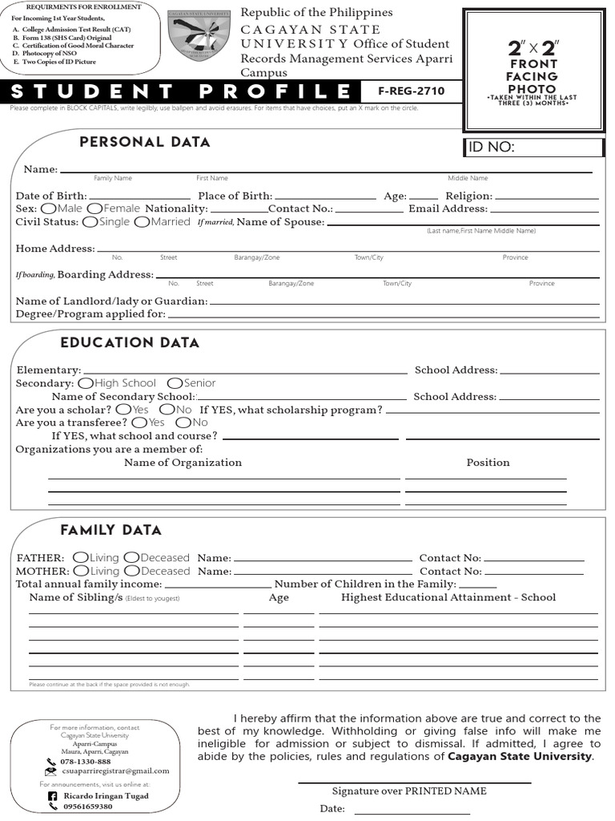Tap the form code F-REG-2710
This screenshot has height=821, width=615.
(404, 91)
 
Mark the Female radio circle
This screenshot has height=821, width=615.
(94, 208)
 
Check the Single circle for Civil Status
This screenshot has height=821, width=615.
(90, 222)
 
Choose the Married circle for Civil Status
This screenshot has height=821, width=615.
(142, 222)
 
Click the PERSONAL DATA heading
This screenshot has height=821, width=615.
(145, 143)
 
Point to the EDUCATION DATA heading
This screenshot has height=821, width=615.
(130, 343)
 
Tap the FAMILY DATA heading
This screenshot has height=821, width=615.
(111, 530)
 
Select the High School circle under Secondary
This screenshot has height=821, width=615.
(86, 383)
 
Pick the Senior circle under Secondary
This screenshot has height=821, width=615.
(174, 383)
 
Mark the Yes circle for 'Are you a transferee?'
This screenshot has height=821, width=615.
(139, 423)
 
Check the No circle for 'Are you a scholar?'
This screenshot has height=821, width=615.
(167, 410)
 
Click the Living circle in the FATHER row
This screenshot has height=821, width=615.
(80, 558)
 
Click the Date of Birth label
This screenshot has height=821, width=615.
(51, 196)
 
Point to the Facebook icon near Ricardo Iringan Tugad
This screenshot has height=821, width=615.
(53, 796)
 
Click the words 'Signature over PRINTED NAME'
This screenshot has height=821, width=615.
(409, 791)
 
